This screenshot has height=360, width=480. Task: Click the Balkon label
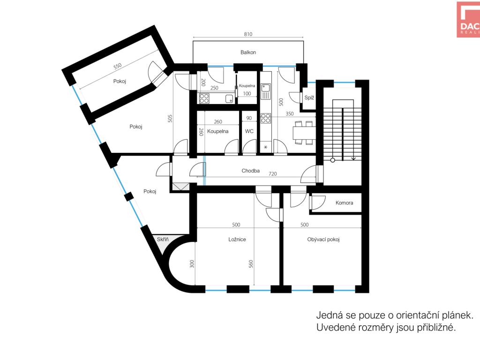tap(248, 52)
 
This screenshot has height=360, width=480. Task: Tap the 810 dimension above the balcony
tap(248, 34)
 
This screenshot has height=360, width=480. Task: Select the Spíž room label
tap(309, 97)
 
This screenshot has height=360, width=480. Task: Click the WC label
tap(249, 131)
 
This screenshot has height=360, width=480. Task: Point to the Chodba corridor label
tap(250, 171)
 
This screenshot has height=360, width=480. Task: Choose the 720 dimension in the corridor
tap(272, 174)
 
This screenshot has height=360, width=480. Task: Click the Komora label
tap(344, 202)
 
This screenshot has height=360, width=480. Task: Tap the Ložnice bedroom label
tap(237, 240)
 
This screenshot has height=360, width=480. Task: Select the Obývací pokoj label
tap(323, 240)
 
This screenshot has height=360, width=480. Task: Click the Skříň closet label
tap(163, 239)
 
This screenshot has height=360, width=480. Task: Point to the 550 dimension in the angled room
tap(118, 66)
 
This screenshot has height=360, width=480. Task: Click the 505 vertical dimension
tap(170, 119)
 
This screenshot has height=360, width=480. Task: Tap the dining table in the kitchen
tap(303, 133)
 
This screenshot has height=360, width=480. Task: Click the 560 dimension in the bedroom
tap(251, 264)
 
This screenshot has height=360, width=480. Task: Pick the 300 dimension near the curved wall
tap(192, 264)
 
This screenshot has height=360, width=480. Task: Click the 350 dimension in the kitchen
tap(290, 114)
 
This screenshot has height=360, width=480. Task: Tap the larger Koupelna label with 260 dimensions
tap(217, 131)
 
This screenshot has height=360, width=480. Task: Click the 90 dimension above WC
tap(249, 118)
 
